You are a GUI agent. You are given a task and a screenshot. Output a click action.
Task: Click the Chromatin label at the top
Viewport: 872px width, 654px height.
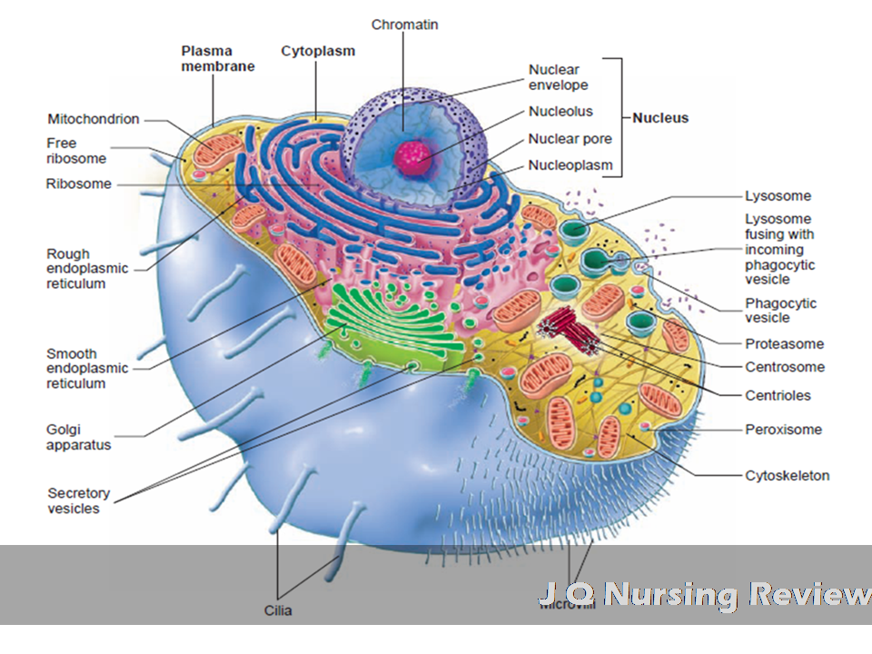point(404,25)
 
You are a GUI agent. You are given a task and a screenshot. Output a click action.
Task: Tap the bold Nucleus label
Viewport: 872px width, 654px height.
point(660,117)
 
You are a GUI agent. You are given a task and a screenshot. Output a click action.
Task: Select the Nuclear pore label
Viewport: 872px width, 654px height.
point(570,139)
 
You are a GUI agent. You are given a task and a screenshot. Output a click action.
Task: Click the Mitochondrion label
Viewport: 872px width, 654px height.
point(94,119)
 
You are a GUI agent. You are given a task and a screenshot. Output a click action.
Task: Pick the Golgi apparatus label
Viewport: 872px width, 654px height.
point(78,437)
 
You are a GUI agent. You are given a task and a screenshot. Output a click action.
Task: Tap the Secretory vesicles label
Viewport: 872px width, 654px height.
point(78,500)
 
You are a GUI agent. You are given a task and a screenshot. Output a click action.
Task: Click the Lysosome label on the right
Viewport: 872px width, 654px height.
point(778,195)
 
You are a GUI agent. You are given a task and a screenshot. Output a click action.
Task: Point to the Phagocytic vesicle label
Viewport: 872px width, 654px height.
point(780,311)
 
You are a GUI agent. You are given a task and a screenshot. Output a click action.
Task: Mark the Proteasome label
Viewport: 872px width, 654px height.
point(784,343)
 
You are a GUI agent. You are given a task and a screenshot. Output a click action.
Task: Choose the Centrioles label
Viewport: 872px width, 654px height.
point(778,395)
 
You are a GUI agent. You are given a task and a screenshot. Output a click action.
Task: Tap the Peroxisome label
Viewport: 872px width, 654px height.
point(783,430)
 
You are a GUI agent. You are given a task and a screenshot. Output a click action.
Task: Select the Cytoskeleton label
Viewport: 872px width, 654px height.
point(787,475)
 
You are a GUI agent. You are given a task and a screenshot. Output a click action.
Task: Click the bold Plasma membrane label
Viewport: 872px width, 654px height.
point(217,59)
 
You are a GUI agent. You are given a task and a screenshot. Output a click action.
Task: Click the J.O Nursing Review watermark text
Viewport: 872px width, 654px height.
point(704,594)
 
